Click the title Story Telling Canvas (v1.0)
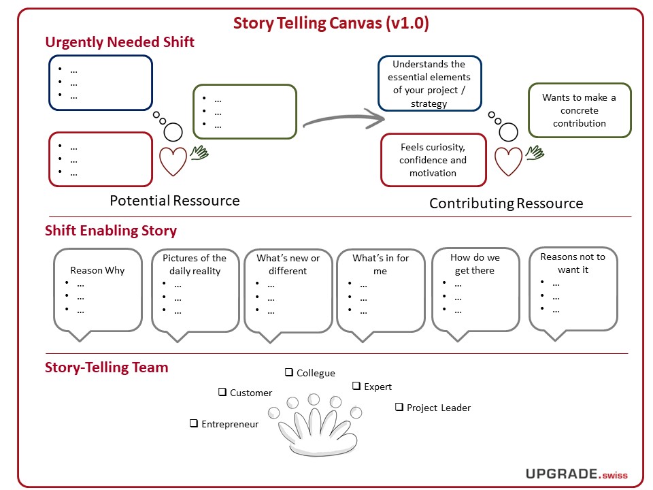tap(331, 23)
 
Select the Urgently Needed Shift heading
tap(120, 42)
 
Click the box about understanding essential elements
tap(429, 84)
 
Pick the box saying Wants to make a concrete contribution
tap(579, 110)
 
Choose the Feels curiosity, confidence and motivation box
tap(433, 161)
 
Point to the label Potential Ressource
tap(175, 201)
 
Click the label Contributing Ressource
tap(506, 203)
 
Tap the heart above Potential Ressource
tap(173, 161)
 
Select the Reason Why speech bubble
tap(97, 290)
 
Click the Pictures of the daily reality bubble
tap(195, 290)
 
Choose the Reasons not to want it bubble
tap(573, 289)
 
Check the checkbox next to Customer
tap(222, 392)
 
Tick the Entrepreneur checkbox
tap(194, 423)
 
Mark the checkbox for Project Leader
tap(399, 407)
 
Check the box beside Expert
tap(356, 386)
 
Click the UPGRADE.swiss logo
tap(576, 474)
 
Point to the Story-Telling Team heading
tap(107, 367)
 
